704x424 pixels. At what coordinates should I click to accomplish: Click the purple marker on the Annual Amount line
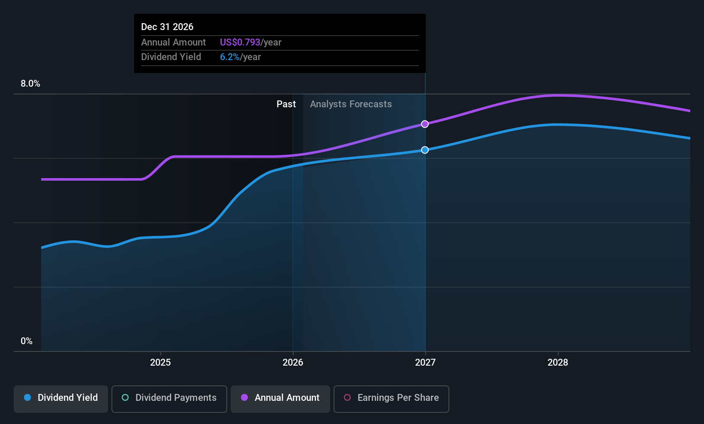424,124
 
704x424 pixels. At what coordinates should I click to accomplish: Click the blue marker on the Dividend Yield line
424,150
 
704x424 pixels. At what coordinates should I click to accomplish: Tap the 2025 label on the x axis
160,362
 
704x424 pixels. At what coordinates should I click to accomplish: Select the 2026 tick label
293,362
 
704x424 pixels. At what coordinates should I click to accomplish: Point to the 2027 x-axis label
425,362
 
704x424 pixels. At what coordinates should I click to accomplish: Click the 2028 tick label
558,362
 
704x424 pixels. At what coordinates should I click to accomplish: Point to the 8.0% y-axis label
30,84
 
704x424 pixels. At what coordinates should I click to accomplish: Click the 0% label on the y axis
27,341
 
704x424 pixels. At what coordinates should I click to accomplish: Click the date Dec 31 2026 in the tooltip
167,27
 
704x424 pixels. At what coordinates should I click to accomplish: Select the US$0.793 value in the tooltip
240,42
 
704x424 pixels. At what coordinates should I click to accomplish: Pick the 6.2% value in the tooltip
230,57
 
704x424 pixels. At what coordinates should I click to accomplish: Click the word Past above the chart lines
286,104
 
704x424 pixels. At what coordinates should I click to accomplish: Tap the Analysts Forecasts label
351,104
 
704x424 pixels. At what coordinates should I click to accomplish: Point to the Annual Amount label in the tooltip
174,42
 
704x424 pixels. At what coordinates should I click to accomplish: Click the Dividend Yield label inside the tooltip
171,57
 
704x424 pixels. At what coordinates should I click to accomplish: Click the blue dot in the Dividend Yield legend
28,397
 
